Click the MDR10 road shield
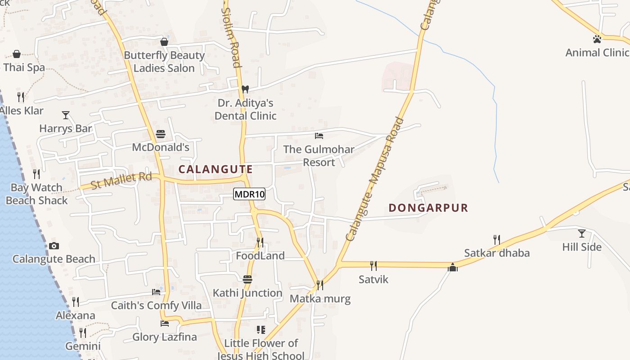[x=249, y=194]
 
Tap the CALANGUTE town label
[x=216, y=169]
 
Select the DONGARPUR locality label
[x=428, y=208]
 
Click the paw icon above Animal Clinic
[x=597, y=39]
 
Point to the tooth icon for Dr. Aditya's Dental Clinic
[x=245, y=89]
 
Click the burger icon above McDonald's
[x=161, y=134]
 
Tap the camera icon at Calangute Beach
[x=54, y=246]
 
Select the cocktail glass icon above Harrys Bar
[x=66, y=115]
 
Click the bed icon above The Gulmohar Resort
[x=319, y=135]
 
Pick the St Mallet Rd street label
[x=121, y=180]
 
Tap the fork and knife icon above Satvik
[x=373, y=266]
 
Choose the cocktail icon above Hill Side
[x=582, y=233]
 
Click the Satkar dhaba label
[x=497, y=253]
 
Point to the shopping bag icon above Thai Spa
[x=17, y=54]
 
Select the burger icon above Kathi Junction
[x=247, y=279]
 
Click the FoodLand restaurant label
[x=260, y=256]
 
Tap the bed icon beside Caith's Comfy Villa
[x=156, y=292]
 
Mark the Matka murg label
[x=320, y=299]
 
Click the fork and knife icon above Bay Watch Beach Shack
[x=36, y=174]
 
